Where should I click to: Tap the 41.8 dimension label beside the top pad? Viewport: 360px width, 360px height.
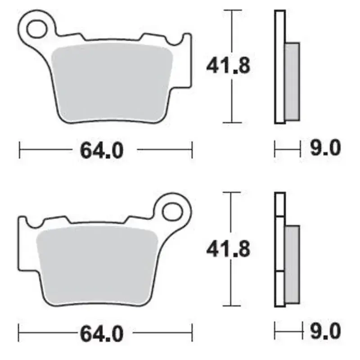pos(228,66)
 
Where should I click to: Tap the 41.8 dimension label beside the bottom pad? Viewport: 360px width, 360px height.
pos(228,249)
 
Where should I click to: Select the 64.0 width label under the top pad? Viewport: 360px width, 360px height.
pos(102,150)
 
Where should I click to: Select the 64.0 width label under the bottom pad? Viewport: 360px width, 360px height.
pos(102,334)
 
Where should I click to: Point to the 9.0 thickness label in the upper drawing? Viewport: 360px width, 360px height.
pos(325,148)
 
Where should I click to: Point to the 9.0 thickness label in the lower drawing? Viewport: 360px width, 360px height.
pos(325,331)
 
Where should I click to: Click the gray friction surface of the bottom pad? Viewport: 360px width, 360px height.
pos(97,264)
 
